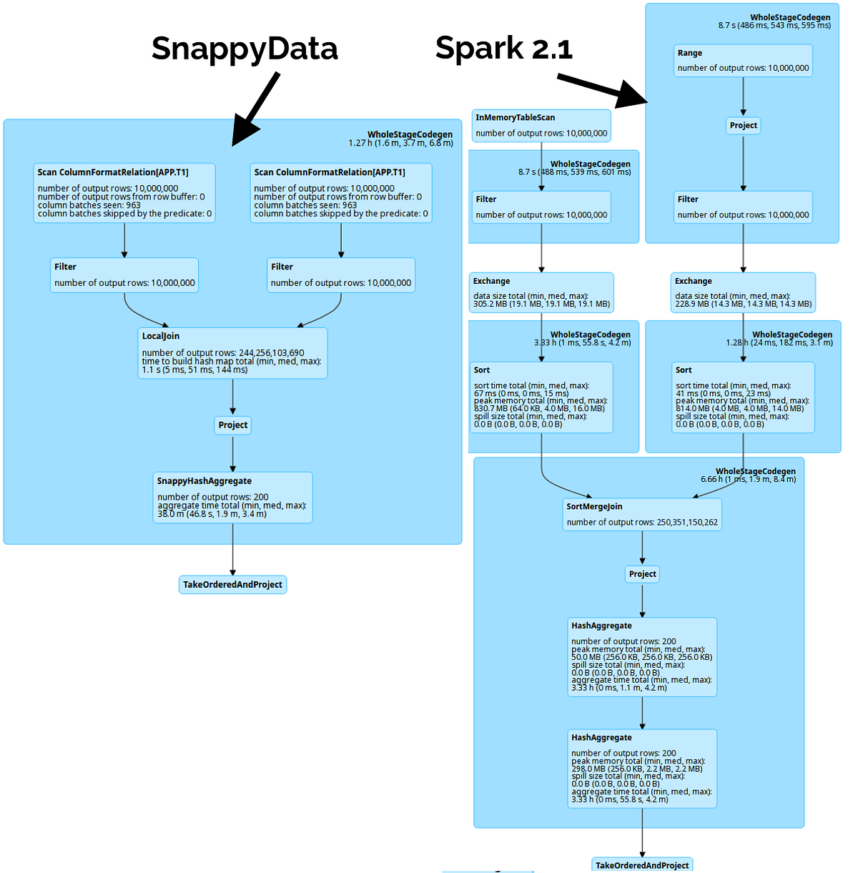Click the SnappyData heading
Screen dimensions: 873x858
click(245, 49)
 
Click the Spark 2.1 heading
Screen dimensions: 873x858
click(503, 48)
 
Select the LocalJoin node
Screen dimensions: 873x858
click(232, 353)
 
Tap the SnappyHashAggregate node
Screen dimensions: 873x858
click(232, 498)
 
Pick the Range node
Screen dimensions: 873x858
click(743, 60)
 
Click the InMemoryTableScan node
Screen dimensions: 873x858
click(541, 125)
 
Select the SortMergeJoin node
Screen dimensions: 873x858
click(642, 514)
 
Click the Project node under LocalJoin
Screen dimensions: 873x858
click(233, 425)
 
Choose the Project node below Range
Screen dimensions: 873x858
click(743, 126)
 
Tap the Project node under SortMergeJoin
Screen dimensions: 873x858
click(642, 574)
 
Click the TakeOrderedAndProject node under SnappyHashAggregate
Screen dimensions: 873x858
click(232, 585)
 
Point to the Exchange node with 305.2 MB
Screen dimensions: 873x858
click(541, 292)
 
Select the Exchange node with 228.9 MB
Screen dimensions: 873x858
click(743, 292)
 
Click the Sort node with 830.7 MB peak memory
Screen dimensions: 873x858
click(541, 398)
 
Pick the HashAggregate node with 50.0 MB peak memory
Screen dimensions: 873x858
click(642, 657)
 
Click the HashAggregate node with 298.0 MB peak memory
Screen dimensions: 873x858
click(642, 769)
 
